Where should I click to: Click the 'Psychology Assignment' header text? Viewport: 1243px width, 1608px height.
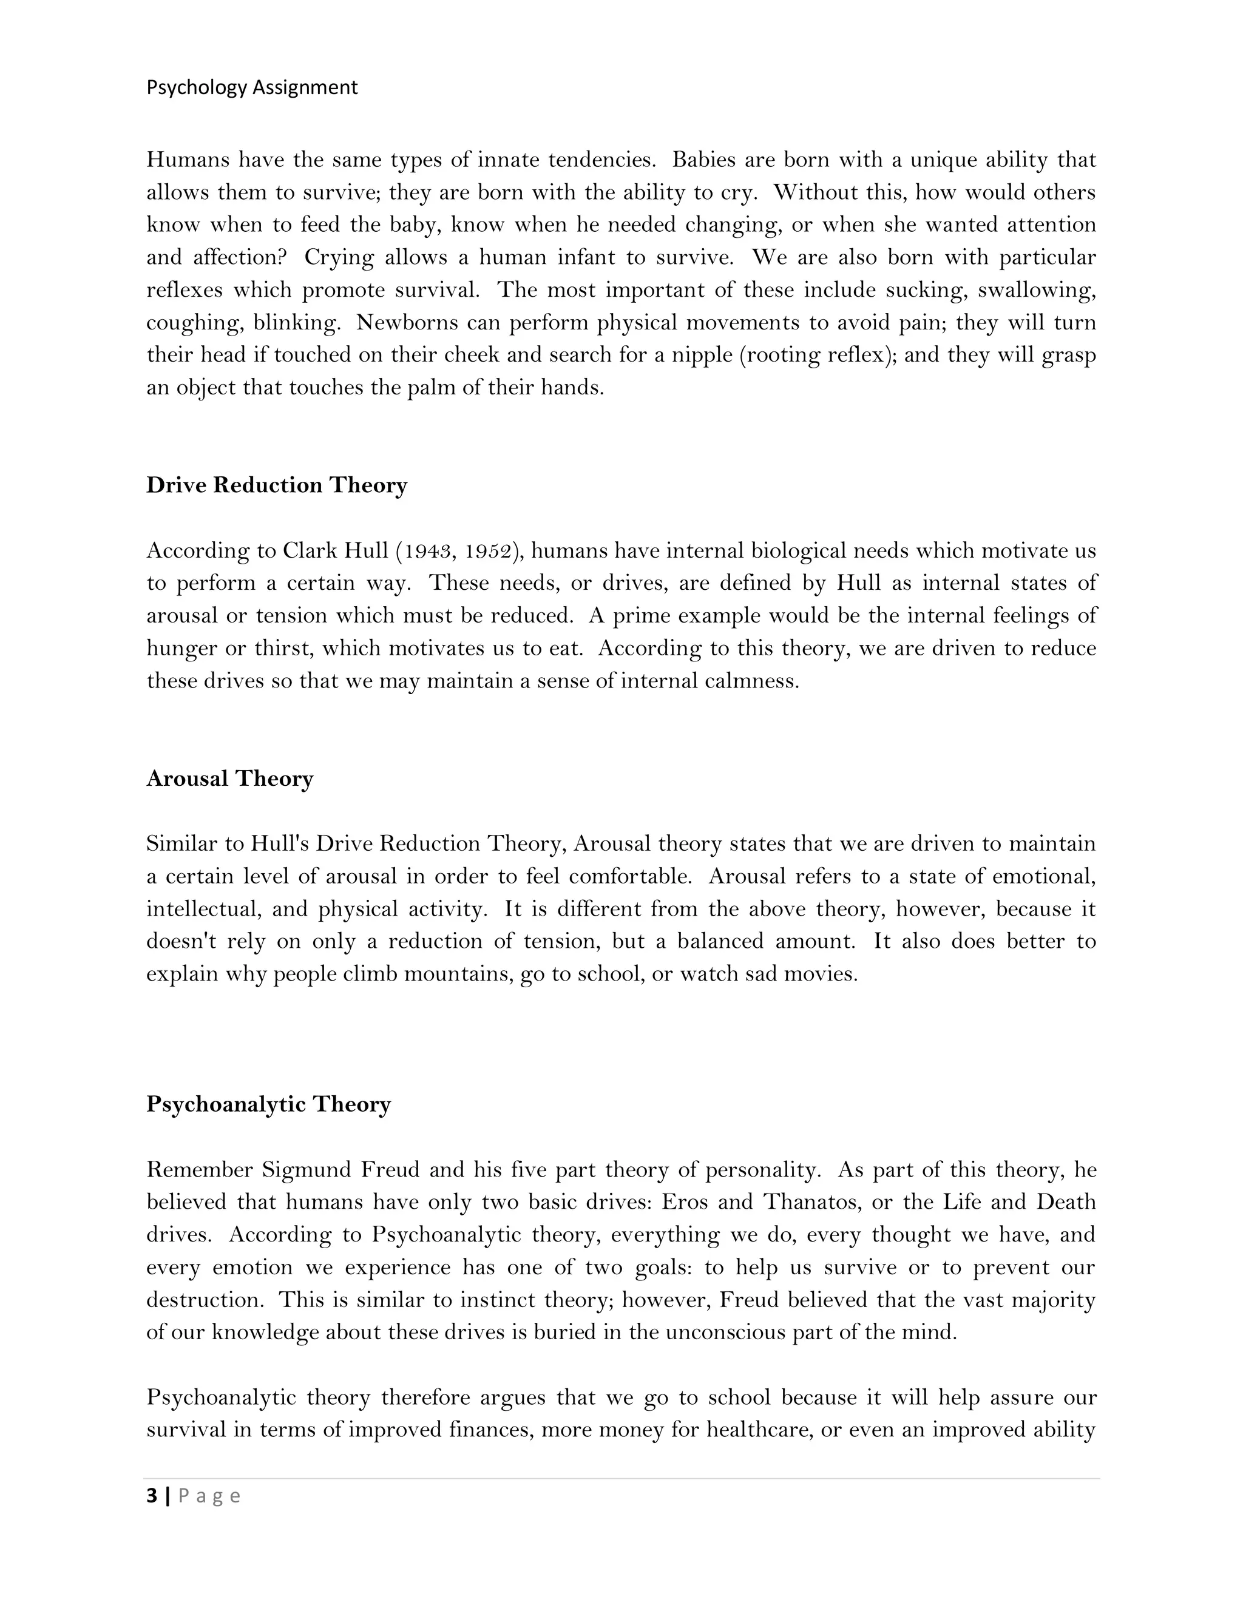[252, 87]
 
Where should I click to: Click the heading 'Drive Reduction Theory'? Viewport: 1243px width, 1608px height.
[276, 485]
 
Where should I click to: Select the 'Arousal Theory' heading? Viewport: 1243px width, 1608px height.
[230, 779]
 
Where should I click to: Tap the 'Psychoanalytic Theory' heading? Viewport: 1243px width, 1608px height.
[268, 1104]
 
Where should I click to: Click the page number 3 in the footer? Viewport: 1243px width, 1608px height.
[152, 1496]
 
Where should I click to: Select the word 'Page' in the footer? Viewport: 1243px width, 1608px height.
[209, 1497]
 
